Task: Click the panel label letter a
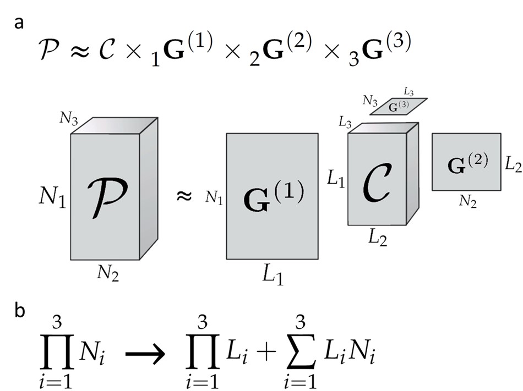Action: point(20,24)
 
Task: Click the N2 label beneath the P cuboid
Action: point(106,273)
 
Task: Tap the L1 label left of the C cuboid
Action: point(336,180)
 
